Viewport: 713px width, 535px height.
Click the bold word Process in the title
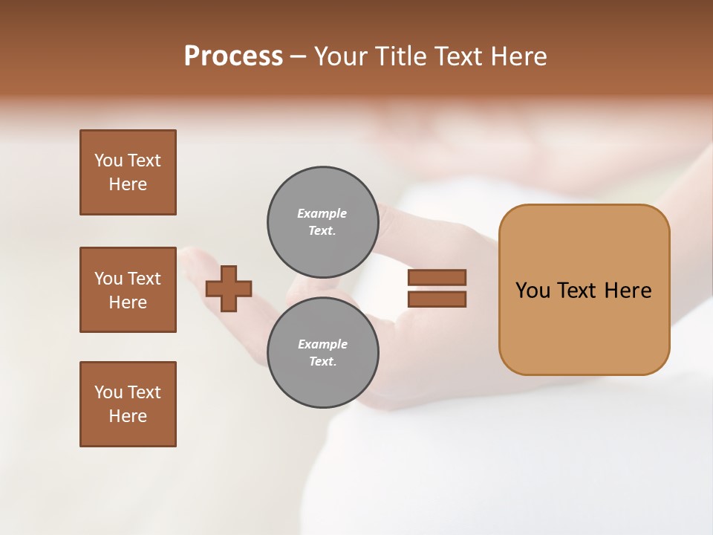click(233, 56)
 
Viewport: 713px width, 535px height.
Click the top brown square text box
click(128, 172)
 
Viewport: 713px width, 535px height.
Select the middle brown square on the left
click(128, 290)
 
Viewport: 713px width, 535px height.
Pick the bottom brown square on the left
click(128, 404)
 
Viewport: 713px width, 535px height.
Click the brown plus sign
click(229, 289)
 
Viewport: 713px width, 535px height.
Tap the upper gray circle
click(322, 221)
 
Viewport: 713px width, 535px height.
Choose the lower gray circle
click(322, 352)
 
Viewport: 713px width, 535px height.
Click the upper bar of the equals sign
click(437, 278)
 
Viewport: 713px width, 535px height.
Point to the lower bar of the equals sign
click(437, 299)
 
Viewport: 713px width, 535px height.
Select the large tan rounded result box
click(584, 327)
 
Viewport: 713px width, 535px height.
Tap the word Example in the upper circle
click(322, 213)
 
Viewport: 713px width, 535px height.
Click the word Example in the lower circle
click(322, 344)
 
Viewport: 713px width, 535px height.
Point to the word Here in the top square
click(128, 184)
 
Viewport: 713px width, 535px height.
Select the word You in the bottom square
click(108, 392)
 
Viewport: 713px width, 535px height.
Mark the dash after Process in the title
click(298, 57)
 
